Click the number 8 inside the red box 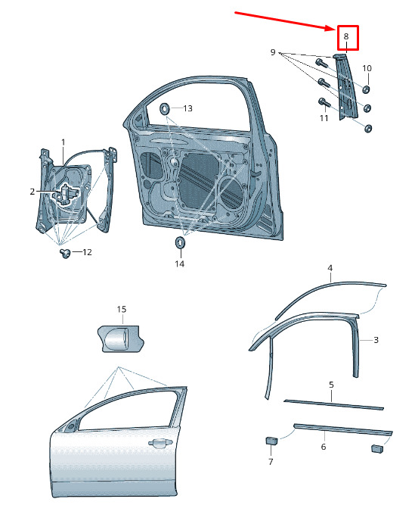pyautogui.click(x=346, y=36)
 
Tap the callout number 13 pyautogui.click(x=187, y=108)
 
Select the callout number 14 pyautogui.click(x=179, y=263)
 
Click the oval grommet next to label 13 pyautogui.click(x=165, y=108)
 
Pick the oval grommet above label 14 pyautogui.click(x=180, y=242)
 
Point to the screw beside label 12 pyautogui.click(x=65, y=253)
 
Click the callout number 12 pyautogui.click(x=87, y=251)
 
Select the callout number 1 pyautogui.click(x=63, y=142)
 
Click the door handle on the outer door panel pyautogui.click(x=160, y=444)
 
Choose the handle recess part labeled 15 pyautogui.click(x=121, y=338)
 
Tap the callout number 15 pyautogui.click(x=122, y=309)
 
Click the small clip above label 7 pyautogui.click(x=271, y=441)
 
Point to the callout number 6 pyautogui.click(x=323, y=446)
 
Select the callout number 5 pyautogui.click(x=331, y=385)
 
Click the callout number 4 pyautogui.click(x=330, y=268)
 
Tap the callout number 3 pyautogui.click(x=376, y=340)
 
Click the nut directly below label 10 pyautogui.click(x=366, y=89)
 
